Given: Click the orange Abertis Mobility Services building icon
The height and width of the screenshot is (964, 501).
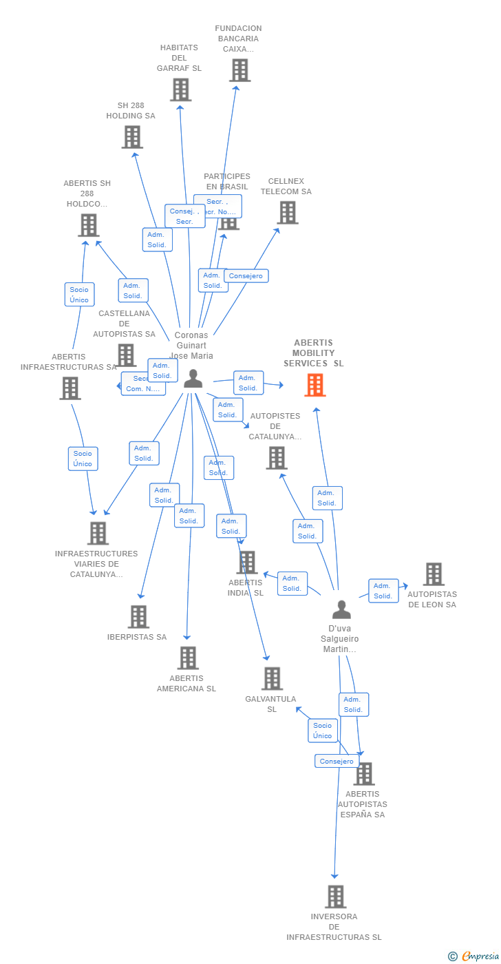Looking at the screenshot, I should point(315,385).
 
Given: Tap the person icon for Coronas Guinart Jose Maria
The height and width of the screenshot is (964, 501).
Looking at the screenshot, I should point(193,378).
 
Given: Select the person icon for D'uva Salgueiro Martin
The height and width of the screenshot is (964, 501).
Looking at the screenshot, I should point(341,609).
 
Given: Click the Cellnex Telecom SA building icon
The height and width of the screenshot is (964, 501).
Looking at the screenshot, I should point(287,213).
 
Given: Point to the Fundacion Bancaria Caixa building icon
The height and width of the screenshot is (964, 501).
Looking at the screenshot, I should point(239,70).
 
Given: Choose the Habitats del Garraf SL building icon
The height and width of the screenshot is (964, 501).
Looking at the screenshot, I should point(180,90).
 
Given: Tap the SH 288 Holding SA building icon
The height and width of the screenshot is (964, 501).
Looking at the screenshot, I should point(132,137).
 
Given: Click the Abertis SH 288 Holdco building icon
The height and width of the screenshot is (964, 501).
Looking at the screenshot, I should point(88,225).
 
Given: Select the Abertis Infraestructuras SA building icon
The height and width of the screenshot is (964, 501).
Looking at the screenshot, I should point(70,388).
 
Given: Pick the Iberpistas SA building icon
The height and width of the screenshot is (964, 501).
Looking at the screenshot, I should point(138,617).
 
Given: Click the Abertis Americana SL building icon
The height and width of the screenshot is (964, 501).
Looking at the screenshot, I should point(188,658).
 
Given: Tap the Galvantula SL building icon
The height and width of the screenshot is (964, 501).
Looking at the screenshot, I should point(272,679).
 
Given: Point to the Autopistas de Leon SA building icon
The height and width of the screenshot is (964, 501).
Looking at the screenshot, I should point(434,574).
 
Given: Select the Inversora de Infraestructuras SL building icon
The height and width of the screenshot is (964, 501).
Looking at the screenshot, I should point(335,897).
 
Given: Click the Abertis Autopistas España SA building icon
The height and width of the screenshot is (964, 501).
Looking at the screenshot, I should point(363,774).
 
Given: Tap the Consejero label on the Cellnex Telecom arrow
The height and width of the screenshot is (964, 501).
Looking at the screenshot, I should point(246,275).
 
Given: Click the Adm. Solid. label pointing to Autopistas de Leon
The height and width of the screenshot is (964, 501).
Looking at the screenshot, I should point(383,591).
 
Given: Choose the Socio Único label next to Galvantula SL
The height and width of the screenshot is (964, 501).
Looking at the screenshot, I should point(322,731).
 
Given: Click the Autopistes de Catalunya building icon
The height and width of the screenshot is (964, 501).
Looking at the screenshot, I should point(276,458).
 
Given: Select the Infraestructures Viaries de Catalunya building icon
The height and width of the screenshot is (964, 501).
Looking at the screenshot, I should point(98,534).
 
